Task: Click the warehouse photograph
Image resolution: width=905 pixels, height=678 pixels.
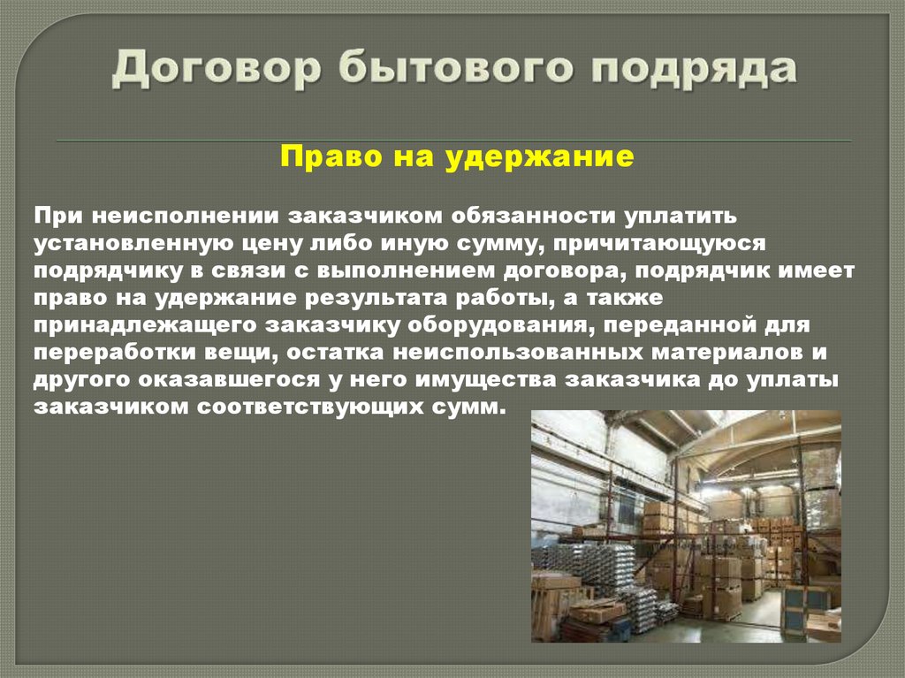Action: (x=686, y=526)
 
